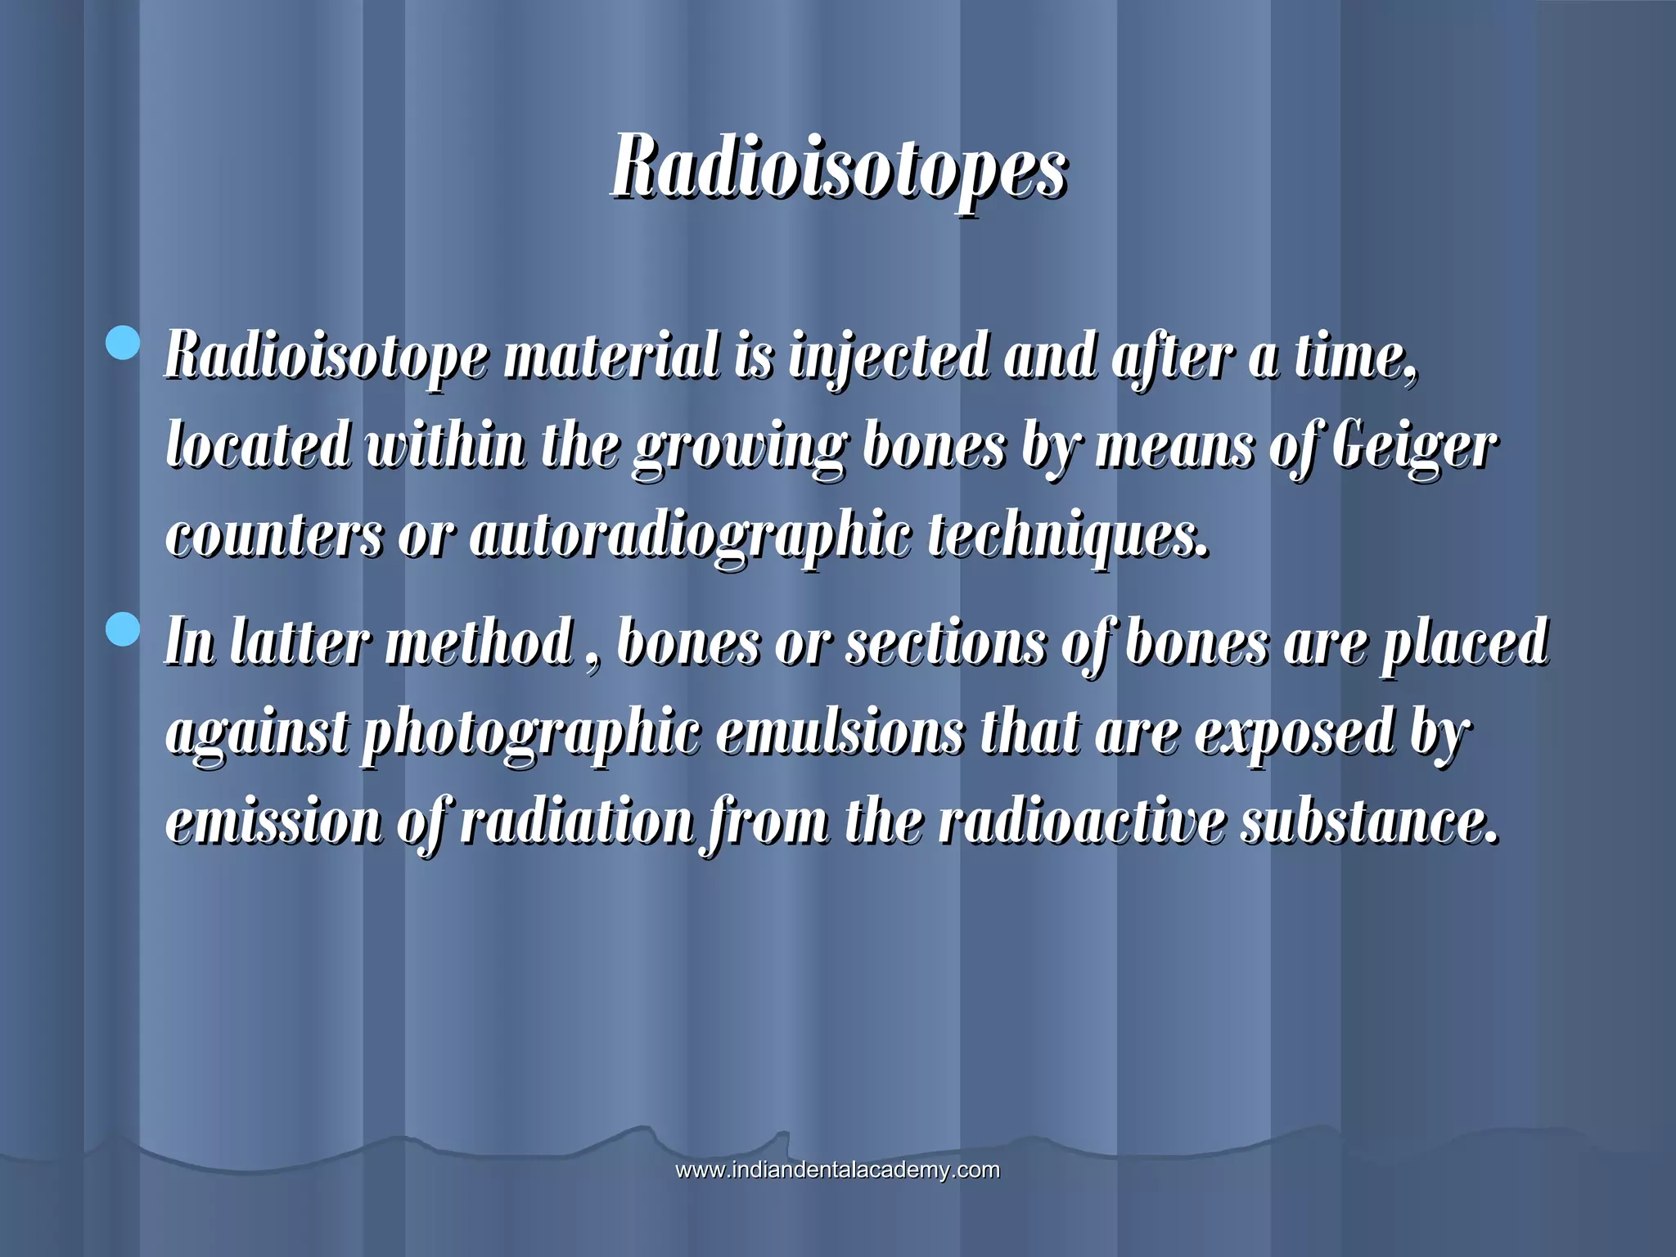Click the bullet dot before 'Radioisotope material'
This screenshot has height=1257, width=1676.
pos(124,343)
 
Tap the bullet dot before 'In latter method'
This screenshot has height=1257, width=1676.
pos(124,629)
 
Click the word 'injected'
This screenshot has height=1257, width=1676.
pos(889,358)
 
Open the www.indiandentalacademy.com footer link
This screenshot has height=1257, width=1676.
pos(837,1170)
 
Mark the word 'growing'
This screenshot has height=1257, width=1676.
pos(740,448)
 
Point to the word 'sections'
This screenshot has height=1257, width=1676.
pos(945,642)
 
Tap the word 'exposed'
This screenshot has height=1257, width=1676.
pos(1294,732)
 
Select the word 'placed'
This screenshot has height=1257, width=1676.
pos(1466,644)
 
